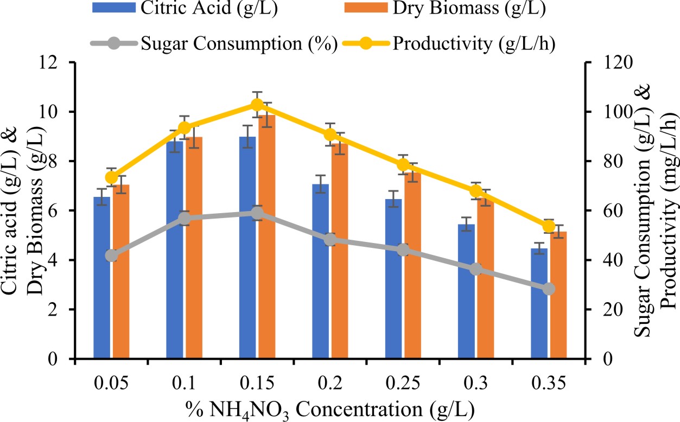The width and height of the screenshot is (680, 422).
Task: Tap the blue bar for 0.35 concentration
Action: click(539, 304)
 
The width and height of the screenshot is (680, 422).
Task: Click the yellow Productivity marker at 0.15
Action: click(257, 105)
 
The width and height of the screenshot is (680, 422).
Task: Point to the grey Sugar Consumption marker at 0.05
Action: click(111, 255)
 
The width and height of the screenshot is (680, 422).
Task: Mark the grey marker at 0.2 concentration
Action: click(330, 239)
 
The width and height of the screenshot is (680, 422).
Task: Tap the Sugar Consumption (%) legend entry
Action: click(239, 43)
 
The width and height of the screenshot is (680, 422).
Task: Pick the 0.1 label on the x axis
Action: click(184, 382)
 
